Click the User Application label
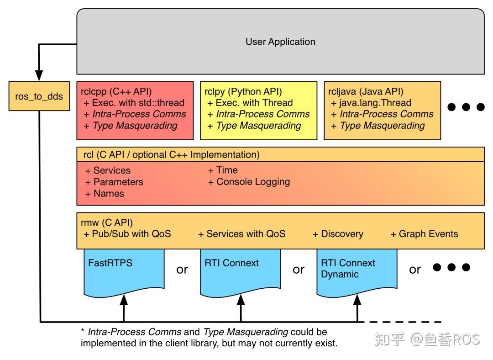coord(280,42)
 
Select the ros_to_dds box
coord(39,96)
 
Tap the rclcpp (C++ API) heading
coord(116,91)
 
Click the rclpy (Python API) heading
coord(243,91)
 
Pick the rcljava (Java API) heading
coord(366,91)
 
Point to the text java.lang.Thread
coord(375,103)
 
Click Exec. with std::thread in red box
coord(138,103)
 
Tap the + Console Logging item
coord(249,182)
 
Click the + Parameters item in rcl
coord(114,182)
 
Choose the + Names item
coord(105,193)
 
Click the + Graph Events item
coord(424,234)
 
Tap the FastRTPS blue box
coord(123,270)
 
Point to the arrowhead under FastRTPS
coord(123,300)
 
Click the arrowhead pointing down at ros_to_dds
coord(39,75)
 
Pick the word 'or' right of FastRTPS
coord(182,270)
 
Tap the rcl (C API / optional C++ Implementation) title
coord(171,154)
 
